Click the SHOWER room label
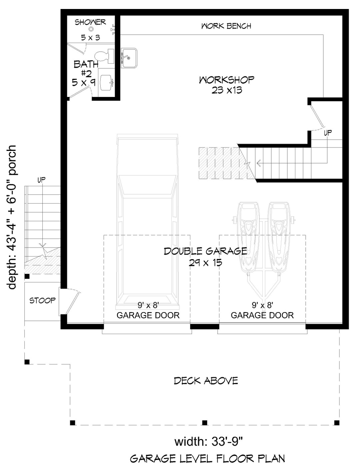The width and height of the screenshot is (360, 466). coord(90,22)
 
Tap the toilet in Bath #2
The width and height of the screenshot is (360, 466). coord(103,56)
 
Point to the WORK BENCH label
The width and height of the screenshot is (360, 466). coord(226,26)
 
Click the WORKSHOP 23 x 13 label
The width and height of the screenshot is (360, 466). coord(227,85)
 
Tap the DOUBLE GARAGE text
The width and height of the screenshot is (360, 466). coord(205,251)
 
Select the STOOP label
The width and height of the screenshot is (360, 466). coord(42,300)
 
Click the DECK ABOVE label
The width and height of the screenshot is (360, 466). coord(206,381)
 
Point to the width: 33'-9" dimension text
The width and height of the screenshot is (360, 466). coord(208,442)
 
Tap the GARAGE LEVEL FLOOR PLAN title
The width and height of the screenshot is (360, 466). coord(207,459)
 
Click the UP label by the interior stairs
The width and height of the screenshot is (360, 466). coord(328,133)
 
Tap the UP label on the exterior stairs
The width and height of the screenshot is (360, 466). coord(41,180)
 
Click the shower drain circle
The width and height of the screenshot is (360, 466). coord(91,29)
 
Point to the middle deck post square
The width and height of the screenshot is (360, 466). coord(205,423)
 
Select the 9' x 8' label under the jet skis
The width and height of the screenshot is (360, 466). coord(262,305)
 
